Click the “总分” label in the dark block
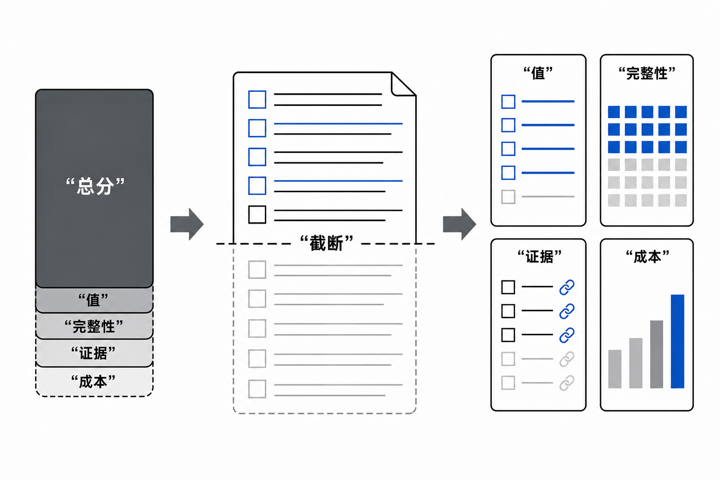[x=95, y=186]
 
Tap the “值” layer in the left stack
[x=94, y=300]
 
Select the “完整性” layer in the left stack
[x=94, y=326]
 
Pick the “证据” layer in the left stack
[x=94, y=353]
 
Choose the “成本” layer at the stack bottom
[x=94, y=382]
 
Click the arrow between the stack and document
[x=187, y=224]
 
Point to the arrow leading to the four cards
[x=459, y=224]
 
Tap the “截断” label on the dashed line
[x=326, y=243]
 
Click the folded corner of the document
[x=404, y=84]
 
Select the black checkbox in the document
[x=257, y=214]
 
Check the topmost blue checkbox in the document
[x=257, y=99]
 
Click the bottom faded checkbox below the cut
[x=257, y=389]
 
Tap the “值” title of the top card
[x=538, y=73]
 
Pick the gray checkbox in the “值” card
[x=508, y=197]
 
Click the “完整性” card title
[x=647, y=73]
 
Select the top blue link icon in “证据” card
[x=567, y=287]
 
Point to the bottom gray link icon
[x=567, y=383]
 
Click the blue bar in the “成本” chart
[x=677, y=341]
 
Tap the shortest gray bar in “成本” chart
[x=615, y=369]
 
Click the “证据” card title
[x=540, y=257]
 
